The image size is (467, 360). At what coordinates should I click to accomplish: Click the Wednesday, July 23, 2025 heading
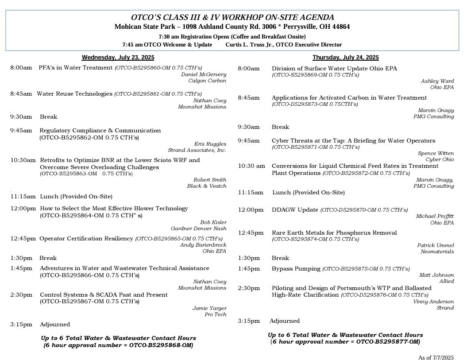118,58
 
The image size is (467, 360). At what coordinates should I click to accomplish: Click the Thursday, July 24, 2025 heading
345,58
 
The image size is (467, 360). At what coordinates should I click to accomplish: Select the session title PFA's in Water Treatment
76,68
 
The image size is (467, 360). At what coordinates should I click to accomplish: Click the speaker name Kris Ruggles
210,144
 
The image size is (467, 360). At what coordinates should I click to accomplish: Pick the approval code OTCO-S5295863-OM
68,174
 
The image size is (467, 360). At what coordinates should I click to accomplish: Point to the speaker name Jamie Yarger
209,308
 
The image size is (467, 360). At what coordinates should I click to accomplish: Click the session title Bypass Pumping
296,269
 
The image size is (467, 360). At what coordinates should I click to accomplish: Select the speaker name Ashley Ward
437,81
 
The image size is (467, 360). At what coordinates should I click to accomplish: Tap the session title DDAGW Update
295,209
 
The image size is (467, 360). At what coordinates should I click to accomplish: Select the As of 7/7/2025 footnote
436,357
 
